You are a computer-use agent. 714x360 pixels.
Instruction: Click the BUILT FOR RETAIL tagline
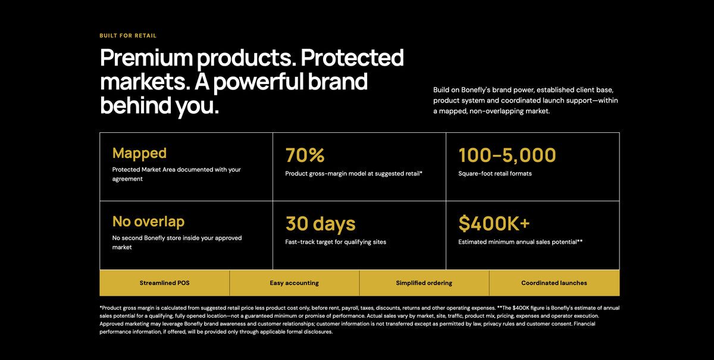[x=128, y=35]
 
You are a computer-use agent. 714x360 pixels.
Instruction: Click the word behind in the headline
[x=136, y=105]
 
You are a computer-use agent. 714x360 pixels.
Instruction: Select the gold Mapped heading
[x=139, y=153]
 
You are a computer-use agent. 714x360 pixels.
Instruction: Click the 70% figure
[x=305, y=155]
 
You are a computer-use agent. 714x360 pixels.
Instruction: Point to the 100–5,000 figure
[x=507, y=155]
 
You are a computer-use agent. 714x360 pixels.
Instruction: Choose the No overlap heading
[x=148, y=221]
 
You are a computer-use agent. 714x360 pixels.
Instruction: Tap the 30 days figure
[x=320, y=224]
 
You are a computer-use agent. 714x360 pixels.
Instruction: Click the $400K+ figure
[x=494, y=224]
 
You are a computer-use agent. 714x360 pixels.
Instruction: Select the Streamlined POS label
[x=164, y=283]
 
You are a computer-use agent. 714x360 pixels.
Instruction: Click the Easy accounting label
[x=294, y=283]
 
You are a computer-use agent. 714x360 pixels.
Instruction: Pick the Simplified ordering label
[x=424, y=283]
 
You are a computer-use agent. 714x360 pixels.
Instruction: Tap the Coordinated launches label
[x=554, y=283]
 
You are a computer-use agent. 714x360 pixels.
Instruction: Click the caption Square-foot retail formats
[x=495, y=173]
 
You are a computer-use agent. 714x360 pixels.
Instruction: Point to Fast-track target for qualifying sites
[x=336, y=242]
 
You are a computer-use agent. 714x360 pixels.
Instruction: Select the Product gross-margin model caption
[x=353, y=173]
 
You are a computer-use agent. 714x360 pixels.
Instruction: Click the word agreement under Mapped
[x=127, y=179]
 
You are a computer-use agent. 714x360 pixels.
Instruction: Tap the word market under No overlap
[x=122, y=247]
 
